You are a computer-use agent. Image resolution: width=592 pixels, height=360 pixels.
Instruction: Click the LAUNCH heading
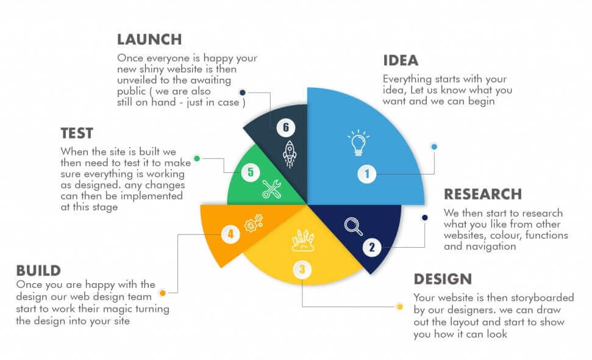pyautogui.click(x=149, y=40)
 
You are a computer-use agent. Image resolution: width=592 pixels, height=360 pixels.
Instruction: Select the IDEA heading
pyautogui.click(x=401, y=60)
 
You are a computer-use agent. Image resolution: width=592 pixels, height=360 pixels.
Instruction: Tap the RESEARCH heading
pyautogui.click(x=483, y=194)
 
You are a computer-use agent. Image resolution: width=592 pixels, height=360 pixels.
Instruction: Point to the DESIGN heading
pyautogui.click(x=443, y=279)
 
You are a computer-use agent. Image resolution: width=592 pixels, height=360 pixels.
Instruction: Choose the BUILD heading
pyautogui.click(x=38, y=270)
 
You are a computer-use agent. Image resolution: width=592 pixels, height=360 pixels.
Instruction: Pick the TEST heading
pyautogui.click(x=77, y=133)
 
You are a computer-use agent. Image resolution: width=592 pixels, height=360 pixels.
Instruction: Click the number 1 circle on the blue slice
pyautogui.click(x=367, y=174)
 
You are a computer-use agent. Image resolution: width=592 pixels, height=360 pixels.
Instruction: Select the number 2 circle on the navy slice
pyautogui.click(x=372, y=247)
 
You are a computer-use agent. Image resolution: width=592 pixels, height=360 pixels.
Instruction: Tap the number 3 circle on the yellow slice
pyautogui.click(x=301, y=268)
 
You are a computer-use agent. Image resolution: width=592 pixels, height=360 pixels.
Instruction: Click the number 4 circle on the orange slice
pyautogui.click(x=230, y=234)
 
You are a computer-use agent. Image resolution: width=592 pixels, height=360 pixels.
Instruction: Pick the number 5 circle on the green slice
pyautogui.click(x=250, y=172)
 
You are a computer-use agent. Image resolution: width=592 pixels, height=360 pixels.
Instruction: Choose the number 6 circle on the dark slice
pyautogui.click(x=285, y=128)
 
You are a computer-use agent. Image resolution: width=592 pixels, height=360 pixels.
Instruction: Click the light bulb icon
pyautogui.click(x=358, y=143)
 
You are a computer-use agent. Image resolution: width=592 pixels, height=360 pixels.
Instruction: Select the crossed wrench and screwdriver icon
pyautogui.click(x=271, y=190)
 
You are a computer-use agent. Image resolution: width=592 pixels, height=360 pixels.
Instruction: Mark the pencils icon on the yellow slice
pyautogui.click(x=302, y=240)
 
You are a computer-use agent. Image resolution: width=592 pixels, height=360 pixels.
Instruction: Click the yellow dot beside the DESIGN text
pyautogui.click(x=400, y=306)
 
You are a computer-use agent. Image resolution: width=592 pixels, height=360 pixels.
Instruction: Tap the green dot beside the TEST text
pyautogui.click(x=196, y=159)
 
